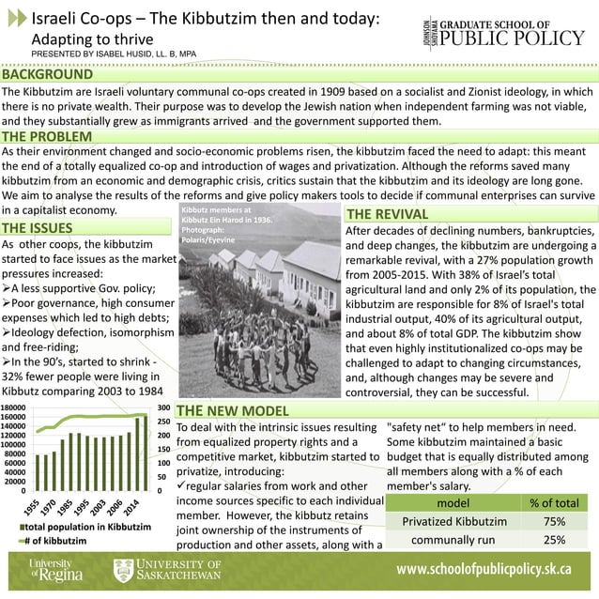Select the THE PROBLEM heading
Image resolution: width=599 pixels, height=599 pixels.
pos(47,137)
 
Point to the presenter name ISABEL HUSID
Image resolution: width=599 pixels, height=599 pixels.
pos(141,54)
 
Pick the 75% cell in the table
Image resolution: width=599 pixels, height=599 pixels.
pos(553,521)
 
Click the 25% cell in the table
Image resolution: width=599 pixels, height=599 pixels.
pos(553,540)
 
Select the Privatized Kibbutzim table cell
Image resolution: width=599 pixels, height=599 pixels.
pos(453,521)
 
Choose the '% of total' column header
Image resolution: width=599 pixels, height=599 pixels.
pos(553,502)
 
